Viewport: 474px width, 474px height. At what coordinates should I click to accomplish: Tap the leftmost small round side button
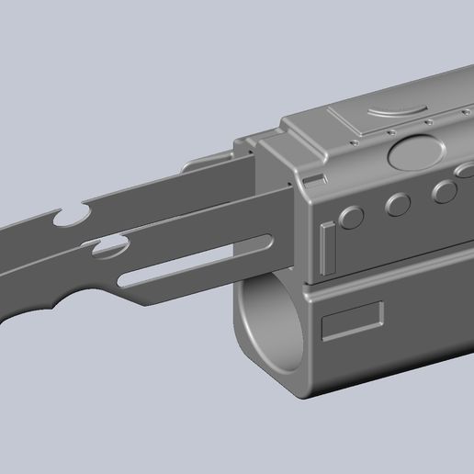350,218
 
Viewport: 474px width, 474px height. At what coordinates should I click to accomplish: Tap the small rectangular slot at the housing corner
312,178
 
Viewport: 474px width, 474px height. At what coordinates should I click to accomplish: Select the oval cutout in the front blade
110,246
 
